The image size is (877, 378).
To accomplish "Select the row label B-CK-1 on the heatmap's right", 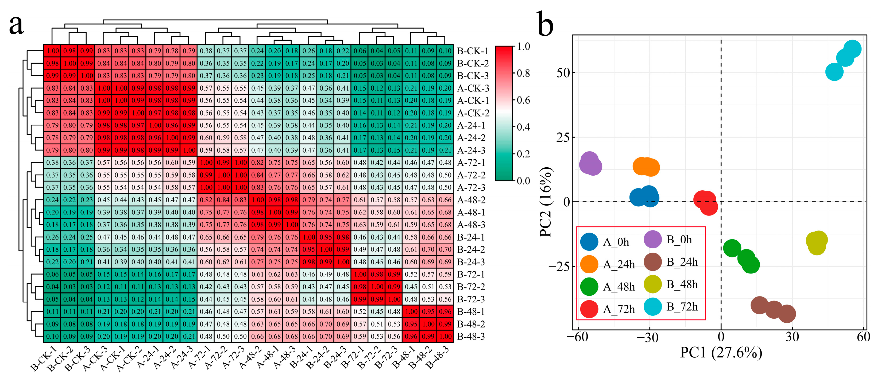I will tap(473, 51).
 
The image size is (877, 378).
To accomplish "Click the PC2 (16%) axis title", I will tap(546, 202).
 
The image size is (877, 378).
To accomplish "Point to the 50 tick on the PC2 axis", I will tap(563, 72).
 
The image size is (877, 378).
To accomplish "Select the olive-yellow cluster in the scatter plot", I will tap(816, 242).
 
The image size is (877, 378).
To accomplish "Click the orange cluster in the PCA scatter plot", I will tap(646, 167).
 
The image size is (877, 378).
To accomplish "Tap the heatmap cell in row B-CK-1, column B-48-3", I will tap(445, 51).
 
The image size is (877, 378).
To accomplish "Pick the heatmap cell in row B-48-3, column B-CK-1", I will tap(52, 337).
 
